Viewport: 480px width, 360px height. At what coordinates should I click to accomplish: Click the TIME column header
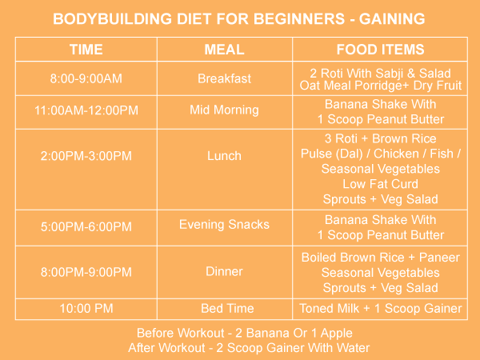coord(86,50)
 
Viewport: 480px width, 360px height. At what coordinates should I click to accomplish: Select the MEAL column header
coord(225,50)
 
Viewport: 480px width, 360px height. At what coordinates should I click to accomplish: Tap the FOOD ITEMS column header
coord(380,50)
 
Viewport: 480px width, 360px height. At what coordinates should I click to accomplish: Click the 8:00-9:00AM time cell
coord(86,79)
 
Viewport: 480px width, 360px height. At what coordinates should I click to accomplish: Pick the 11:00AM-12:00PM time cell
coord(86,111)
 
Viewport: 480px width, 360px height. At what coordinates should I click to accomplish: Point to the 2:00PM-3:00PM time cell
coord(86,155)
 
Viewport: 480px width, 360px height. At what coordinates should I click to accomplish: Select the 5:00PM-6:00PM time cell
coord(86,227)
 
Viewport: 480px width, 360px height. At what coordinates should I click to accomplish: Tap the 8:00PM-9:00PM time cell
coord(86,271)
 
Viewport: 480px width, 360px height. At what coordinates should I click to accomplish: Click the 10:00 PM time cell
coord(86,308)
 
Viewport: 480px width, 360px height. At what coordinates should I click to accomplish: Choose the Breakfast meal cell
coord(225,79)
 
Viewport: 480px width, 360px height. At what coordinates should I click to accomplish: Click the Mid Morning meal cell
coord(225,111)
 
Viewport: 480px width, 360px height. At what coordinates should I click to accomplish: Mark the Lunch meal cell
coord(225,155)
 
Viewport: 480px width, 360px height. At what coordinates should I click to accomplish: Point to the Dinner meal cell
coord(225,271)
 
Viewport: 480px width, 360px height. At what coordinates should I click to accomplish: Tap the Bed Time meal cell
coord(225,308)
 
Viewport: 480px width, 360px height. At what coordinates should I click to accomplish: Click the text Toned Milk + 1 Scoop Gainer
coord(380,308)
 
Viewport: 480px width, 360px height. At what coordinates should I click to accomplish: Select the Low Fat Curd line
coord(380,184)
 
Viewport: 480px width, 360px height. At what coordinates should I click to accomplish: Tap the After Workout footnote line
coord(249,347)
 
